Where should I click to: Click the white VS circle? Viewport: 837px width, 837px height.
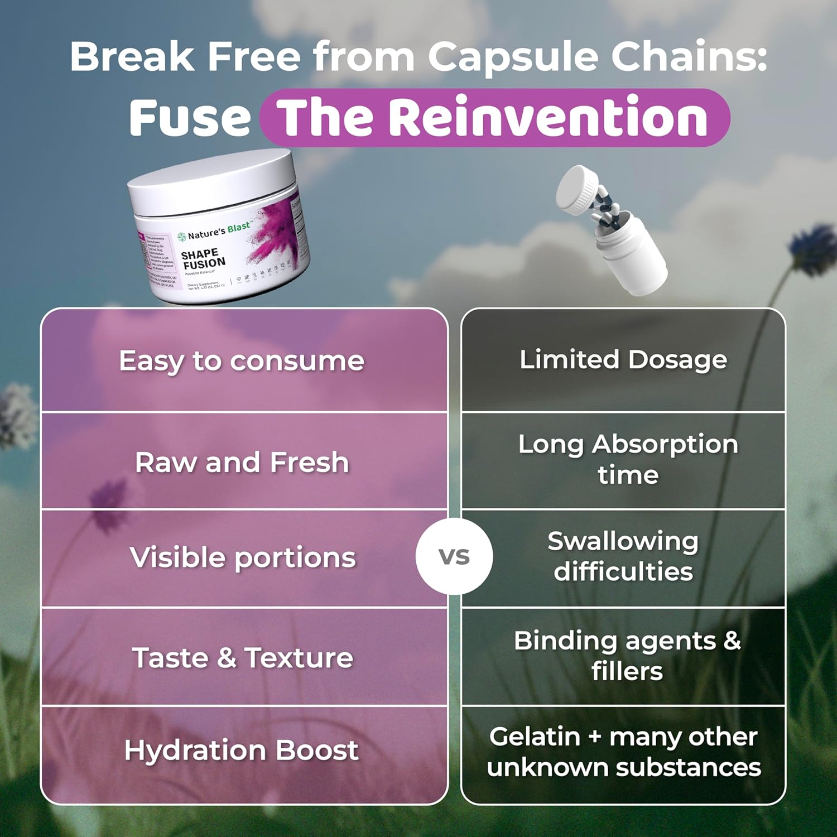(x=454, y=556)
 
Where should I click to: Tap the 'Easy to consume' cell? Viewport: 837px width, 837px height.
(x=242, y=360)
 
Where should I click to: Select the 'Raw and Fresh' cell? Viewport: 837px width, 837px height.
(x=242, y=462)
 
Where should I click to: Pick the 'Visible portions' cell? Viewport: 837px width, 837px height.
(x=242, y=557)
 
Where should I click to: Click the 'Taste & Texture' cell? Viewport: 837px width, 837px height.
(x=242, y=657)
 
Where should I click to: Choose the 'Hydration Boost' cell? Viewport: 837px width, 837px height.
(x=242, y=750)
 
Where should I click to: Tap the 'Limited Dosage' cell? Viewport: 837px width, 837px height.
(x=623, y=359)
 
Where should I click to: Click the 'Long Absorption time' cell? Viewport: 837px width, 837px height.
(x=628, y=459)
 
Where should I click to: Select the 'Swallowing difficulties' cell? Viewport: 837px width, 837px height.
(x=623, y=556)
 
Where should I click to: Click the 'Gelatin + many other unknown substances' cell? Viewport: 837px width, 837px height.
(x=624, y=752)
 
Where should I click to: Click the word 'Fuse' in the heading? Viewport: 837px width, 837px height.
(x=190, y=118)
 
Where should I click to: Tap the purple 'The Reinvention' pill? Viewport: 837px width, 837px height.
(x=494, y=118)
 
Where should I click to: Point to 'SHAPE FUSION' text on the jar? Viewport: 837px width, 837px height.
(x=203, y=259)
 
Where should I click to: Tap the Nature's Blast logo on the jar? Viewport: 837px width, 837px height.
(x=215, y=230)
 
